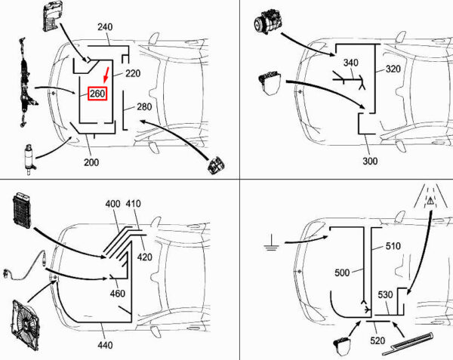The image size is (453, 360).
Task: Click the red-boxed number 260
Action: click(x=98, y=94)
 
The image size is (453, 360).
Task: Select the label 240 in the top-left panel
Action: click(x=104, y=27)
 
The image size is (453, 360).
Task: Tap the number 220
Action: click(x=133, y=73)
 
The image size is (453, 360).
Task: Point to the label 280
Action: click(x=144, y=107)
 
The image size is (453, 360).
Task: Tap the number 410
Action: click(x=134, y=204)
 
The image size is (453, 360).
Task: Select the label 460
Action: click(x=118, y=294)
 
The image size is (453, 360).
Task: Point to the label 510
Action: click(x=393, y=246)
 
